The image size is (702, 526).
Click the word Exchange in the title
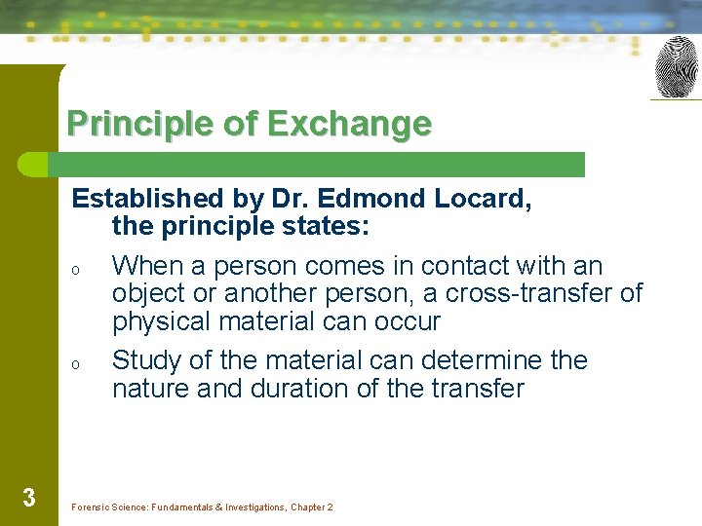click(x=347, y=125)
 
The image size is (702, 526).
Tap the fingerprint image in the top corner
click(x=676, y=67)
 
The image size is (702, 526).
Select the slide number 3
click(x=28, y=498)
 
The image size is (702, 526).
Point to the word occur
click(x=408, y=321)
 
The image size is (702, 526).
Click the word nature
click(x=152, y=388)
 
